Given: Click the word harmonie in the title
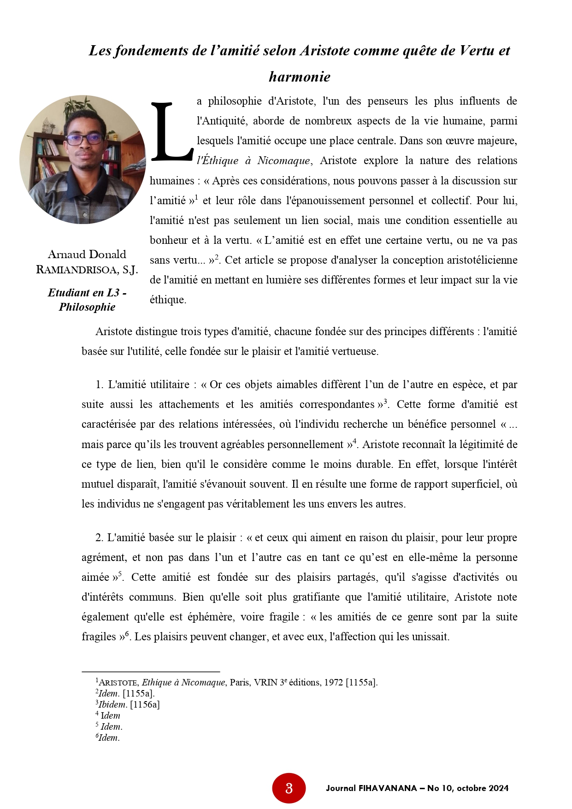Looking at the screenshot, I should coord(300,77).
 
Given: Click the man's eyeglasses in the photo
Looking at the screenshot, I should coord(84,138).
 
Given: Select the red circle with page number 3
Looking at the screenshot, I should coord(289,788).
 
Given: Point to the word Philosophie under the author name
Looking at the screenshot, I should coord(87,307).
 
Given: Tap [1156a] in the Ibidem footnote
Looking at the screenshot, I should coord(145,704).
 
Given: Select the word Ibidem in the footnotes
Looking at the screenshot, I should coord(112,704).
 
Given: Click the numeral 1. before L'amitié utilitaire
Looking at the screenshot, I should coord(100,384).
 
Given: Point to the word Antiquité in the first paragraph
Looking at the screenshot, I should coord(224,121).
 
